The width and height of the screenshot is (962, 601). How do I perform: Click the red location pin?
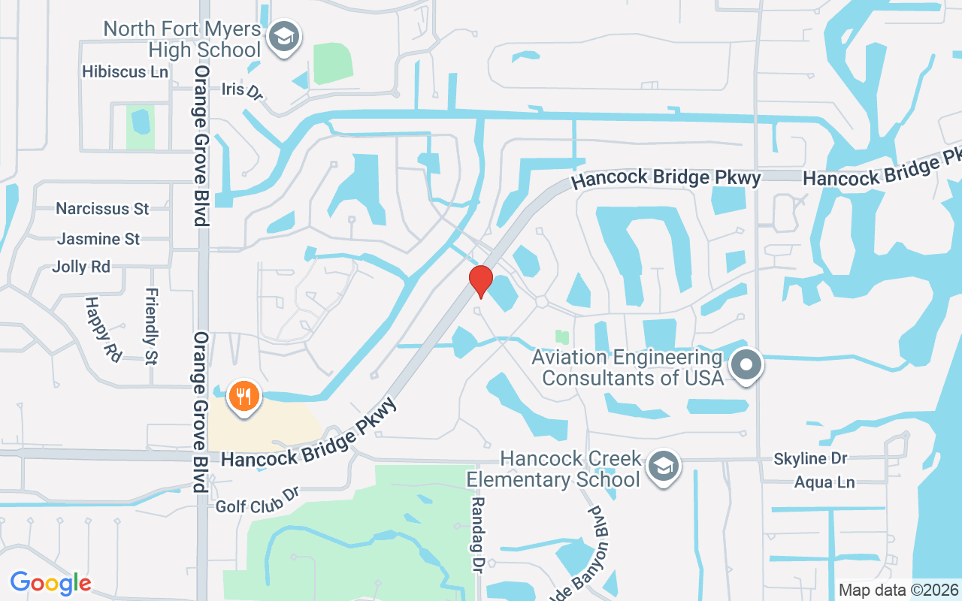coord(480,281)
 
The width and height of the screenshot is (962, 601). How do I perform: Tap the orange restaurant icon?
coord(242,394)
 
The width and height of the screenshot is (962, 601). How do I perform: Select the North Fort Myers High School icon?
coord(284,35)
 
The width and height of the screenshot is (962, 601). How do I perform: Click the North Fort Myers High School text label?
coord(182,40)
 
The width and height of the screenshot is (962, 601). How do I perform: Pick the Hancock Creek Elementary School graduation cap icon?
coord(663,467)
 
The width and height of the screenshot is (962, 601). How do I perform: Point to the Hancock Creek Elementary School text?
coord(555,468)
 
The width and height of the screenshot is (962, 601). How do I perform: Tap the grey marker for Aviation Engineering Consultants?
coord(746,366)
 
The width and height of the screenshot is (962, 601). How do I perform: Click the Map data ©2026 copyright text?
coord(898,590)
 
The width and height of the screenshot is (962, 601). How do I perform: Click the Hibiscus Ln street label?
coord(126,72)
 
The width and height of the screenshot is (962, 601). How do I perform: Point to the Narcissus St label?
coord(103,208)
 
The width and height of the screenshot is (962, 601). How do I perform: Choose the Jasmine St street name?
coord(98,239)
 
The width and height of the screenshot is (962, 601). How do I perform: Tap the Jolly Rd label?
coord(81,267)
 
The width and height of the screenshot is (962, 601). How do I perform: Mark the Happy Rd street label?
coord(102,329)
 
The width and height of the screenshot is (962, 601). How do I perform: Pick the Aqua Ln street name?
coord(824,482)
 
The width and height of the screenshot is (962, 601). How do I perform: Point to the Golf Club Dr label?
coord(258,500)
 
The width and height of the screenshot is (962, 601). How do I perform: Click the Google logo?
coord(50,583)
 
